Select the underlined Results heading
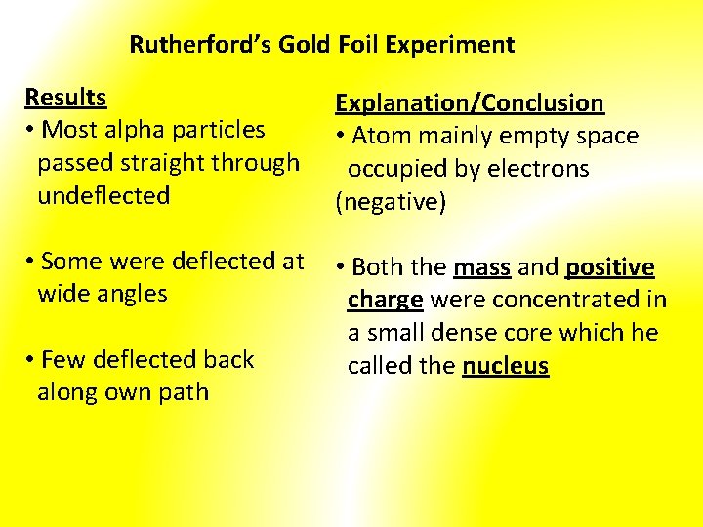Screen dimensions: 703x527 pyautogui.click(x=65, y=98)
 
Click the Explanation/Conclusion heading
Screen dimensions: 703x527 pyautogui.click(x=470, y=103)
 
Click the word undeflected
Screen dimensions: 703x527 pyautogui.click(x=103, y=195)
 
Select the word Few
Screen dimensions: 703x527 pyautogui.click(x=63, y=360)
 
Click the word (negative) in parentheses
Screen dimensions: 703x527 pyautogui.click(x=391, y=202)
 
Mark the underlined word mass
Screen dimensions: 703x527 pyautogui.click(x=481, y=267)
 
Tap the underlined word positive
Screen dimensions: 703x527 pyautogui.click(x=609, y=267)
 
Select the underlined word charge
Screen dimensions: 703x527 pyautogui.click(x=385, y=300)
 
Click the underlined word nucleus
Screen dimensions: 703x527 pyautogui.click(x=506, y=366)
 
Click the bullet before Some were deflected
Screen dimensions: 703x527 pyautogui.click(x=32, y=262)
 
